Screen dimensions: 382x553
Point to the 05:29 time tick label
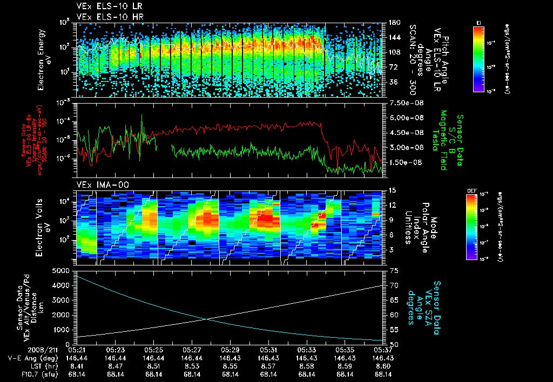[x=231, y=350]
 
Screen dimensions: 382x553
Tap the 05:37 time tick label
[x=383, y=350]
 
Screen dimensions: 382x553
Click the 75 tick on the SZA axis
[x=394, y=270]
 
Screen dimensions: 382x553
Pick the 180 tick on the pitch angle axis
[x=394, y=23]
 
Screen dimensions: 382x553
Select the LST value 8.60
[x=383, y=366]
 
